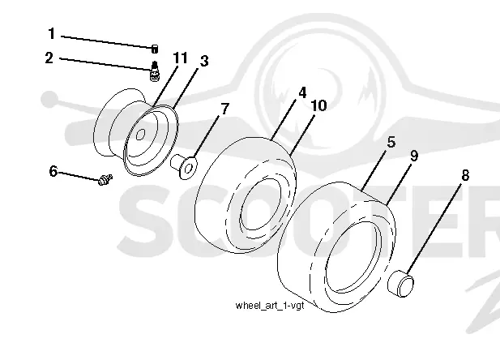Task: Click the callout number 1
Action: coord(51,34)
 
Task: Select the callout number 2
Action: coord(49,58)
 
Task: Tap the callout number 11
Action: coord(180,58)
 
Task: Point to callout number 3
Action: coord(204,61)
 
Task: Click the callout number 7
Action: coord(225,109)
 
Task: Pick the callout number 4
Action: coord(302,92)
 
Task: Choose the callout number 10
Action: coord(318,105)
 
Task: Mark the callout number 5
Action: coord(391,142)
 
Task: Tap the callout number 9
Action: coord(413,156)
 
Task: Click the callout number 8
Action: coord(465,175)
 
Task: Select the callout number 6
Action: coord(53,171)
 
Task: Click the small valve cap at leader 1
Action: coord(154,49)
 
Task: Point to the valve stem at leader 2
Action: coord(155,71)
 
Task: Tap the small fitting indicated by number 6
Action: coord(105,180)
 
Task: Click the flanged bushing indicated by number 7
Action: coord(184,166)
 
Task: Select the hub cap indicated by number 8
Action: coord(401,284)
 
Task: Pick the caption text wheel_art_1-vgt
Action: coord(270,306)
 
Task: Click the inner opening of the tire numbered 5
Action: coord(353,257)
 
